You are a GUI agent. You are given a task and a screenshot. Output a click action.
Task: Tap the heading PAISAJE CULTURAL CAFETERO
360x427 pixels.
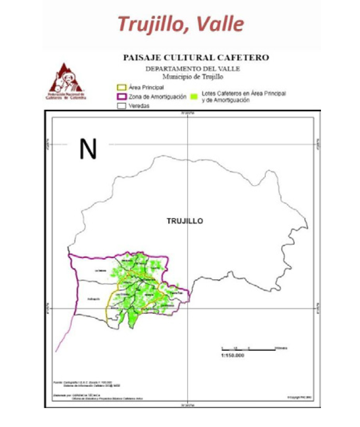click(x=196, y=57)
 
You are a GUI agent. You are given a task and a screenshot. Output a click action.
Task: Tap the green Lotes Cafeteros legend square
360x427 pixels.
click(x=194, y=96)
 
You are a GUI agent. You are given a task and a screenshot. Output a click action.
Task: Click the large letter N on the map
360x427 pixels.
click(x=88, y=149)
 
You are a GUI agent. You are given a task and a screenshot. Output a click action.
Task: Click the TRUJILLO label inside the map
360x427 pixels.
click(x=184, y=221)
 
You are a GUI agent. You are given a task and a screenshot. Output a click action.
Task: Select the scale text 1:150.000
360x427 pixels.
click(x=233, y=356)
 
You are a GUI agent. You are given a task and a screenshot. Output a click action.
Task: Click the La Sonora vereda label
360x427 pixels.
click(x=100, y=270)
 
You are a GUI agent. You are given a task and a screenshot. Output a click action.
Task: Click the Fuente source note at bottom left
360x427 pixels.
click(x=89, y=382)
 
